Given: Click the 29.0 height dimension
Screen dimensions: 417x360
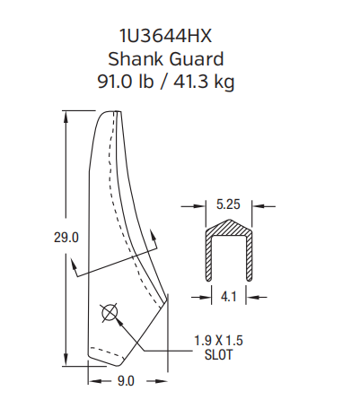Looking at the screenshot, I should pyautogui.click(x=67, y=238).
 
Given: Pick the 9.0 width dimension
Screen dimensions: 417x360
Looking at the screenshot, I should pyautogui.click(x=126, y=381).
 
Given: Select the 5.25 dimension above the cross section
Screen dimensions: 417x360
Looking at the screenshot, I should pyautogui.click(x=228, y=204).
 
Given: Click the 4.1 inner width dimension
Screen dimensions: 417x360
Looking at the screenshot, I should pyautogui.click(x=228, y=293).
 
